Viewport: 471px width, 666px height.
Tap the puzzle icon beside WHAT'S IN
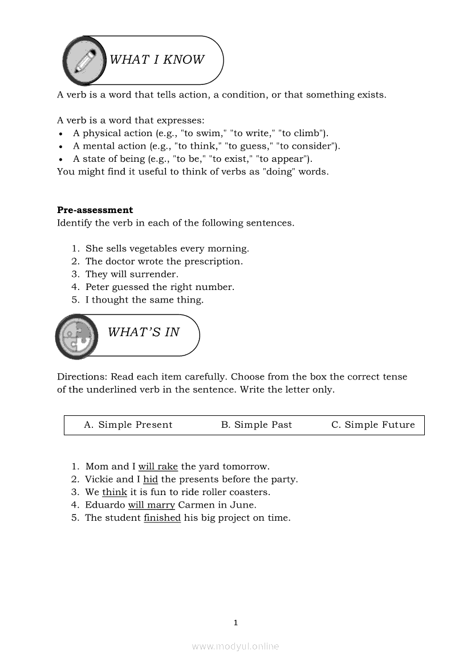click(x=77, y=336)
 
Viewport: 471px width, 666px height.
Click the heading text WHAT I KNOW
click(x=156, y=60)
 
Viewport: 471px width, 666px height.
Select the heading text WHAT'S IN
click(x=144, y=332)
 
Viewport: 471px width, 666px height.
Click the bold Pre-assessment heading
click(x=95, y=210)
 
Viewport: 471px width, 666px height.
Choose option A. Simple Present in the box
click(x=128, y=425)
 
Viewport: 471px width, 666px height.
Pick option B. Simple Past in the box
click(x=256, y=425)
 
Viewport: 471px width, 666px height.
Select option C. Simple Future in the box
click(x=373, y=425)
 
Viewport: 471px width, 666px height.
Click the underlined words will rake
click(x=158, y=467)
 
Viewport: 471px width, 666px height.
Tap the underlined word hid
click(x=151, y=480)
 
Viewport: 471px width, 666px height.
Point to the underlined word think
click(x=115, y=492)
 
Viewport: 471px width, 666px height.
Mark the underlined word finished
click(x=162, y=518)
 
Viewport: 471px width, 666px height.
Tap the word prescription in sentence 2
click(x=213, y=262)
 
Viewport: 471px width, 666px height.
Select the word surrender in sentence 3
click(x=152, y=275)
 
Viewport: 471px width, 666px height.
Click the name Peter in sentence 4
click(x=97, y=287)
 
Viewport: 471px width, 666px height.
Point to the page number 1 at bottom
click(x=235, y=623)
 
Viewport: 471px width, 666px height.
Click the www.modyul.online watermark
click(x=235, y=647)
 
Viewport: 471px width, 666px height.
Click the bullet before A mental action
click(x=60, y=147)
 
